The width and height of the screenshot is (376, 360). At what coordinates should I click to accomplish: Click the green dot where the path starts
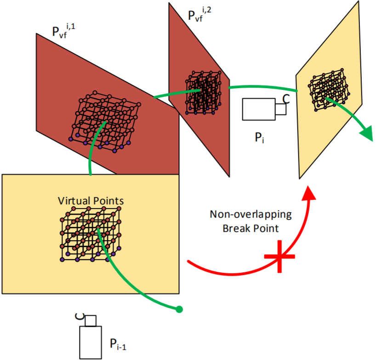point(179,309)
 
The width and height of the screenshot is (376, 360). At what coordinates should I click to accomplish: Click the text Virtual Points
point(91,201)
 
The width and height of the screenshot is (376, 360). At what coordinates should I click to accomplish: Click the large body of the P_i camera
point(258,109)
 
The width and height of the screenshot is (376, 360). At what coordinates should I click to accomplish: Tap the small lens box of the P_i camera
point(280,109)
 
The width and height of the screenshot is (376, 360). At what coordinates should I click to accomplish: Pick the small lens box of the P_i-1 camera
point(91,320)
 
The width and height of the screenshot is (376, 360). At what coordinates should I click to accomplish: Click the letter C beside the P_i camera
point(285,98)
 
